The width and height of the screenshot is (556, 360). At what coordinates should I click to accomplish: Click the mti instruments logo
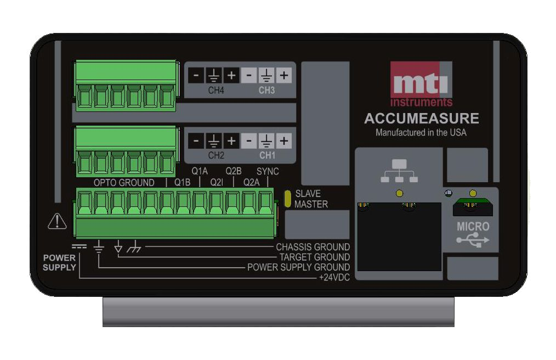(421, 84)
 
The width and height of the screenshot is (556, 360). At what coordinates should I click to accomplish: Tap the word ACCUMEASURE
(421, 119)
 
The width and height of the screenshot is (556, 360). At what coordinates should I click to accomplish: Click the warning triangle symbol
(57, 221)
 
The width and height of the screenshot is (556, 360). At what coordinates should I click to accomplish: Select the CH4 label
(216, 90)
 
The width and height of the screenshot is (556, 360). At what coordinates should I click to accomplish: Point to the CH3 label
(266, 90)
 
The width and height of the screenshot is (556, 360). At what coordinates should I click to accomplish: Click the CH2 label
(216, 155)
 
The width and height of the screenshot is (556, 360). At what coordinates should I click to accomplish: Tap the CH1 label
(266, 155)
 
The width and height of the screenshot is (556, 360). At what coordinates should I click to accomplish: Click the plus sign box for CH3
(283, 75)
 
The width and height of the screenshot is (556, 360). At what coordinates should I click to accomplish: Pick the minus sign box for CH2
(196, 141)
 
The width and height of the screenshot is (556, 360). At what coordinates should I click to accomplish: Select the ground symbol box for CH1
(266, 141)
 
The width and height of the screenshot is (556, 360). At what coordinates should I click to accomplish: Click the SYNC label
(268, 171)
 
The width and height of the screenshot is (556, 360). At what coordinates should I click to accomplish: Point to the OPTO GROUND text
(124, 183)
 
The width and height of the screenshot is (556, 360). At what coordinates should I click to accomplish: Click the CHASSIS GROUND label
(313, 247)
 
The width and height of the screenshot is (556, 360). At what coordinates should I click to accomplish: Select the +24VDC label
(334, 277)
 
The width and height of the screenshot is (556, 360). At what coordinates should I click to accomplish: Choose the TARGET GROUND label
(315, 257)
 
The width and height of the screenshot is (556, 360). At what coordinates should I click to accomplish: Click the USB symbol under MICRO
(473, 240)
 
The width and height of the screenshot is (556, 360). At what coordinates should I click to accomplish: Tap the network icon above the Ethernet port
(399, 171)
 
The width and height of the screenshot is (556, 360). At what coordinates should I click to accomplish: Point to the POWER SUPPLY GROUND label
(298, 267)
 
